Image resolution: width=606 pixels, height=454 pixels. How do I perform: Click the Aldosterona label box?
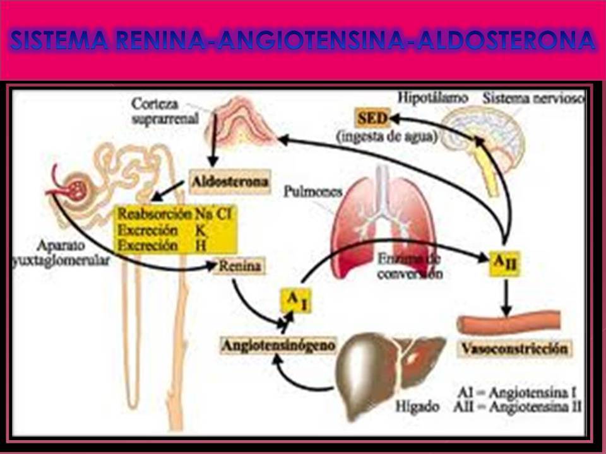click(230, 182)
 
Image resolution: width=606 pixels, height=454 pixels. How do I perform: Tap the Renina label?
click(239, 266)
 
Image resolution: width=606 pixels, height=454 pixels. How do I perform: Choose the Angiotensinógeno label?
click(278, 346)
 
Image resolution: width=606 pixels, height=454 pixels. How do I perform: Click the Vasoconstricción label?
click(514, 348)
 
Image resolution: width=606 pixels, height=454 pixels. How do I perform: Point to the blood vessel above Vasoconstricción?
click(509, 323)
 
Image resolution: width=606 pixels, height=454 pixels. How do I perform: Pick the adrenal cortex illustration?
click(239, 124)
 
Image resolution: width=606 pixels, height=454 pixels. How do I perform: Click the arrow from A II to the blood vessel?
click(505, 296)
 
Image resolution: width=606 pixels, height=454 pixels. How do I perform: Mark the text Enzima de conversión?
click(411, 266)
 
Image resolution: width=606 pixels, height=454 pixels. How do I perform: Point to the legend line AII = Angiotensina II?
click(518, 407)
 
